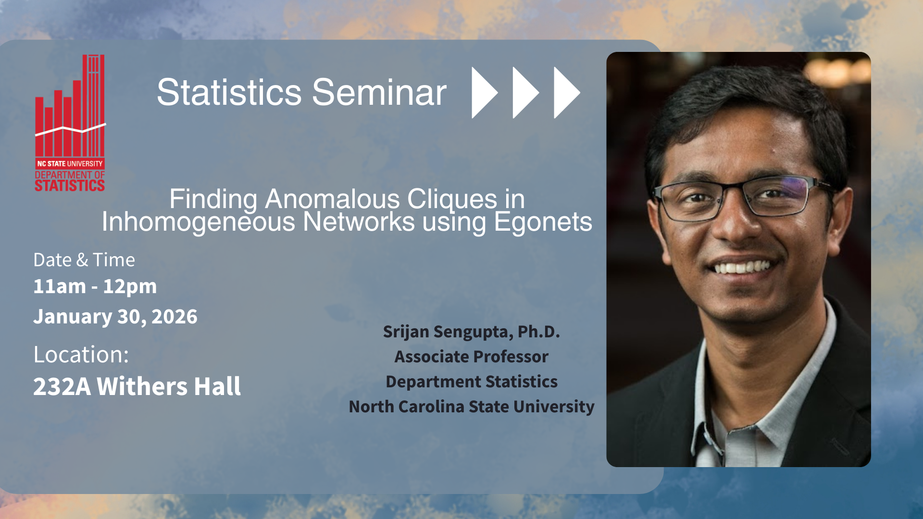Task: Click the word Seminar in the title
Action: coord(379,92)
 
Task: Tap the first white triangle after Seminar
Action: coord(485,92)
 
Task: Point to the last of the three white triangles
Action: coord(567,92)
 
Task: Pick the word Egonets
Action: coord(543,222)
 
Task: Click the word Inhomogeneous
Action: coord(199,222)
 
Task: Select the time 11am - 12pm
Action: coord(95,286)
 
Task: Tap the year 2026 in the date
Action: coord(175,317)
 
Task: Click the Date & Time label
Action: coord(84,260)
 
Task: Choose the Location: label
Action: coord(81,355)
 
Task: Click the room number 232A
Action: coord(62,386)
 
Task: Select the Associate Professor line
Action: coord(472,357)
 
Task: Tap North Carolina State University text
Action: coord(472,407)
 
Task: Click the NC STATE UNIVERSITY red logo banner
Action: coord(70,163)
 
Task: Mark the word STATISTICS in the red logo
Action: coord(70,185)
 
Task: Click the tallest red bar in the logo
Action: coord(94,106)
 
